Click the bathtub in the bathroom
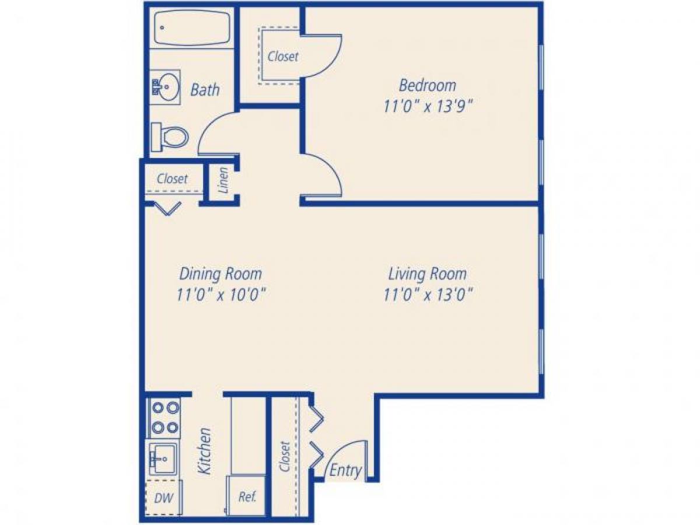(192, 28)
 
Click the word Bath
(205, 90)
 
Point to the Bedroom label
(428, 85)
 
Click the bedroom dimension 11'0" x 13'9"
(428, 107)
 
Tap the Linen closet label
(223, 180)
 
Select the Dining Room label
(220, 273)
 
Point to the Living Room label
(428, 273)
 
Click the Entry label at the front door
(345, 471)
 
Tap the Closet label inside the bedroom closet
(283, 57)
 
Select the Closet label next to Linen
(173, 178)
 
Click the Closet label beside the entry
(285, 457)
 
